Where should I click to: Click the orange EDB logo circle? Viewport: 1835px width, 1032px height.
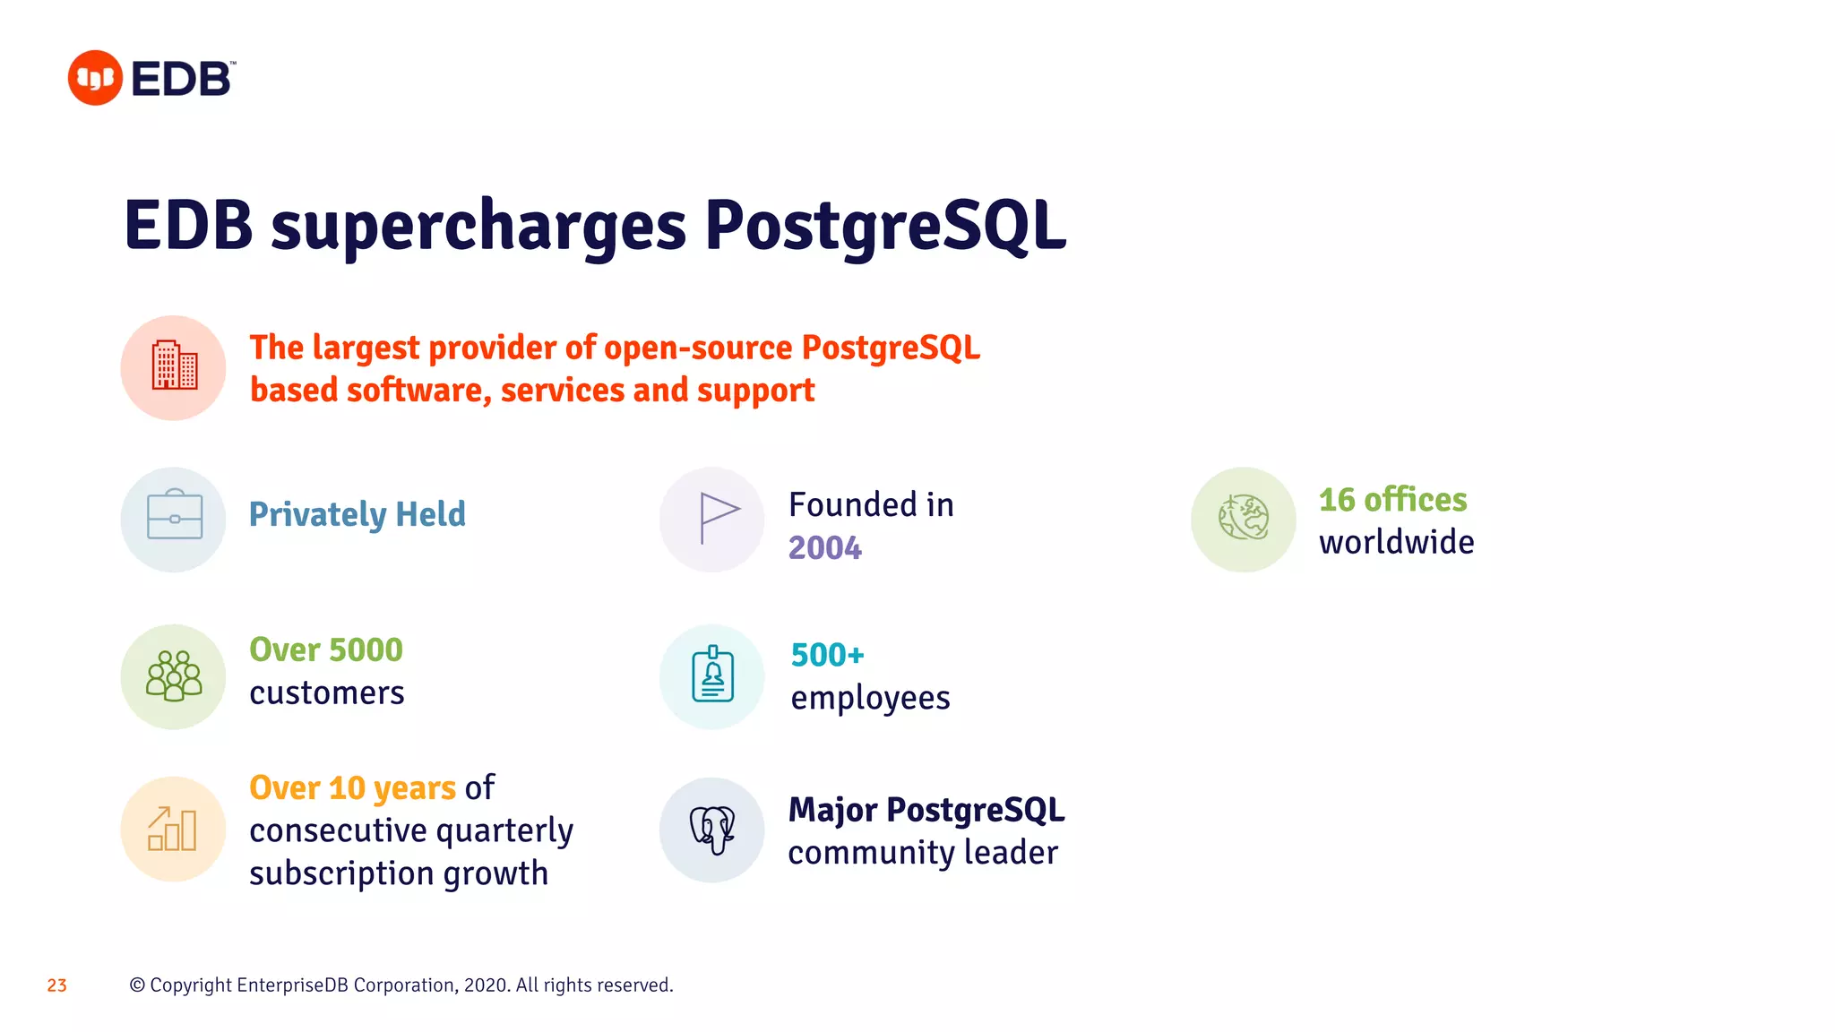[95, 78]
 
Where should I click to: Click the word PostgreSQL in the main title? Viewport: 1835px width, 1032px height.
[884, 226]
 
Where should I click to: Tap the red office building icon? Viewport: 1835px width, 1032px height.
[174, 367]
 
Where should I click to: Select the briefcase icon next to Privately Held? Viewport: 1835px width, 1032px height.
[174, 518]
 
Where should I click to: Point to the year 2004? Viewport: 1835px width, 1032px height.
[824, 547]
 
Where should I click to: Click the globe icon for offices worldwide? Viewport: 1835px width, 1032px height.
[1244, 518]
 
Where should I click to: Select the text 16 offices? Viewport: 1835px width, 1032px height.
[1391, 500]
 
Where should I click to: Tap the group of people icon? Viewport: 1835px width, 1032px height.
[174, 676]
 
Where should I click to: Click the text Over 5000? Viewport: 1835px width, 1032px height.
[326, 649]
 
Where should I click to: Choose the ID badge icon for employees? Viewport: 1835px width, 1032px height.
[713, 676]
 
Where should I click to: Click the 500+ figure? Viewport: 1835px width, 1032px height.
[827, 655]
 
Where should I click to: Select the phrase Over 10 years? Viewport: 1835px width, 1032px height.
[352, 787]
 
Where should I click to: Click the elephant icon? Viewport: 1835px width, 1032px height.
[713, 829]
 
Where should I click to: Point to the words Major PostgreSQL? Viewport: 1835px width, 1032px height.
[926, 810]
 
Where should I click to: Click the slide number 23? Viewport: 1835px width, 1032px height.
[57, 985]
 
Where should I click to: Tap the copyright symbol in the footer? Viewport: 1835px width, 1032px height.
[137, 985]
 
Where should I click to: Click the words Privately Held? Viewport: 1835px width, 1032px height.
[357, 514]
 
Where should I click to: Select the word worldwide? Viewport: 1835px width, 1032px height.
[1396, 543]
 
